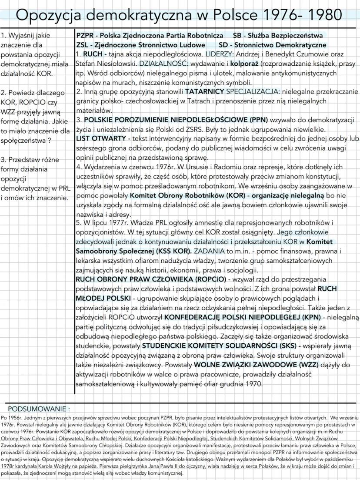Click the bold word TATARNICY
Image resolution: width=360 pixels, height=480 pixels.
click(204, 92)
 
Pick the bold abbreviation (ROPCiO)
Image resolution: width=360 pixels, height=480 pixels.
click(208, 280)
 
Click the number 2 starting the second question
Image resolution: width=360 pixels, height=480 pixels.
click(3, 93)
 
